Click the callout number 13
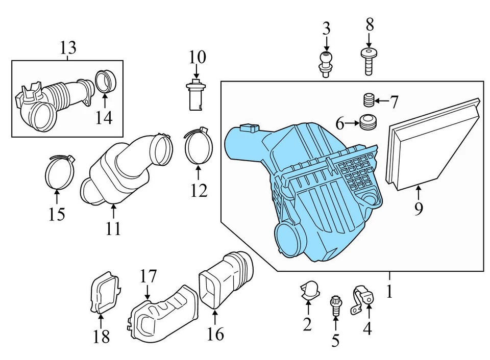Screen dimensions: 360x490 pyautogui.click(x=67, y=48)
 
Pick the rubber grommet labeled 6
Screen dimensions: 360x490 pyautogui.click(x=366, y=122)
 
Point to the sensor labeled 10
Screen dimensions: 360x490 pyautogui.click(x=195, y=95)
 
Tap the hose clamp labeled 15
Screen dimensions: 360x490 pyautogui.click(x=57, y=171)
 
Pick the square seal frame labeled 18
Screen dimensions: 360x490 pyautogui.click(x=104, y=294)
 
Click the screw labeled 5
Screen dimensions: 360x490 pyautogui.click(x=336, y=305)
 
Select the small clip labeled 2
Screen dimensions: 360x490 pyautogui.click(x=308, y=290)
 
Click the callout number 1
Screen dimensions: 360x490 pyautogui.click(x=390, y=292)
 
